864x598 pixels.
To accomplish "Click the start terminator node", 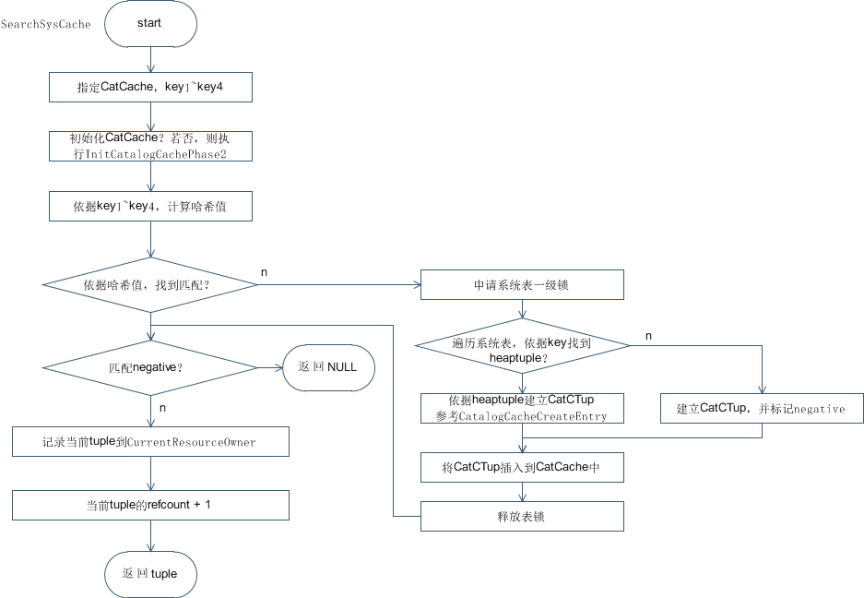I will pyautogui.click(x=149, y=24).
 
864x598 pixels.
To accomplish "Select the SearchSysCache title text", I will pyautogui.click(x=46, y=24).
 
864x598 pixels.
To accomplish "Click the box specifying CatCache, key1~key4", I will pyautogui.click(x=149, y=87).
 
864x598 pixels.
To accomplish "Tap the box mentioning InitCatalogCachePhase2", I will pyautogui.click(x=149, y=146).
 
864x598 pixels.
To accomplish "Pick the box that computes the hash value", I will pyautogui.click(x=149, y=207).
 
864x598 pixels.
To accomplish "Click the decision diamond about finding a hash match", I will pyautogui.click(x=149, y=285).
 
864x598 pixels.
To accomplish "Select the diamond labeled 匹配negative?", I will pyautogui.click(x=149, y=366).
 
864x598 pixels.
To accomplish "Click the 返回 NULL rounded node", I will pyautogui.click(x=327, y=366).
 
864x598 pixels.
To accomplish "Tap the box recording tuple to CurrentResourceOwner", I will pyautogui.click(x=149, y=442).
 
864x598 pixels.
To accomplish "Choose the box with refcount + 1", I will pyautogui.click(x=149, y=505).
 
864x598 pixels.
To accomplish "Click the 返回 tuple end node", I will pyautogui.click(x=149, y=573).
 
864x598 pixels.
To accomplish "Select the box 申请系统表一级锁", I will pyautogui.click(x=522, y=285).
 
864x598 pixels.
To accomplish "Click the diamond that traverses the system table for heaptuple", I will pyautogui.click(x=522, y=348).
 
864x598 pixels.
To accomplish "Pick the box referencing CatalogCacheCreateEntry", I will pyautogui.click(x=522, y=408).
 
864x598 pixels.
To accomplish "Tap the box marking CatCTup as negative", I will pyautogui.click(x=761, y=408).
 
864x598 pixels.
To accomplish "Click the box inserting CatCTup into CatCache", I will pyautogui.click(x=522, y=467).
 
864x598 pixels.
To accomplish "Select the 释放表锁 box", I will pyautogui.click(x=522, y=516).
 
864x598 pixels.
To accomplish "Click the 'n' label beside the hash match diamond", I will pyautogui.click(x=265, y=272).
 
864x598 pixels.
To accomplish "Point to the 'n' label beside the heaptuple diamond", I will pyautogui.click(x=647, y=336).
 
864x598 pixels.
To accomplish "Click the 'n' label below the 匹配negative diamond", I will pyautogui.click(x=162, y=406).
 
